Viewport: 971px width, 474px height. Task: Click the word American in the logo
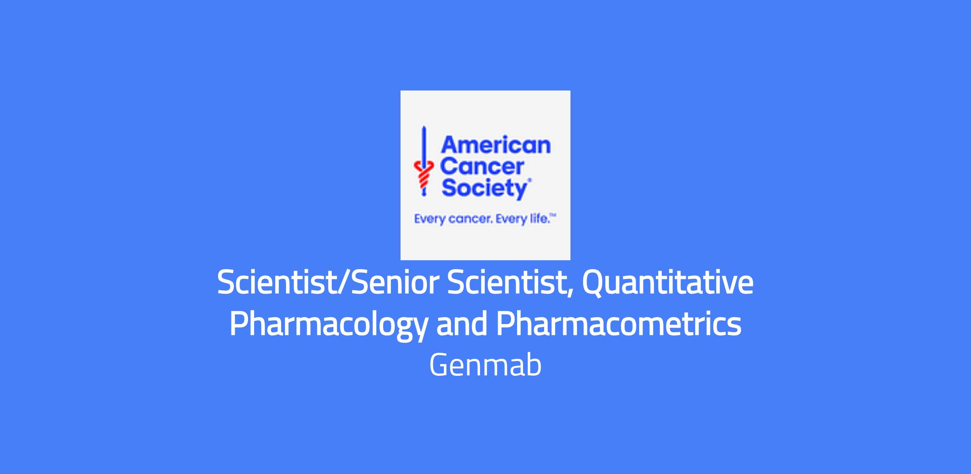496,145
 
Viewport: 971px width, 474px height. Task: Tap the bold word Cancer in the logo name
482,167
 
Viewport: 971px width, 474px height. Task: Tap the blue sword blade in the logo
424,147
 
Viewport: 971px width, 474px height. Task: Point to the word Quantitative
668,283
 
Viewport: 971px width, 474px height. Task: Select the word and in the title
462,324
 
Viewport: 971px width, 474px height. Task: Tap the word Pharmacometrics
619,324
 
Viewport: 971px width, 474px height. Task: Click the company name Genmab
485,365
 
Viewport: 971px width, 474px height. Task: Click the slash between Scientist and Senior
345,282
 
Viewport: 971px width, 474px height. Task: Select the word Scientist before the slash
277,282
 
